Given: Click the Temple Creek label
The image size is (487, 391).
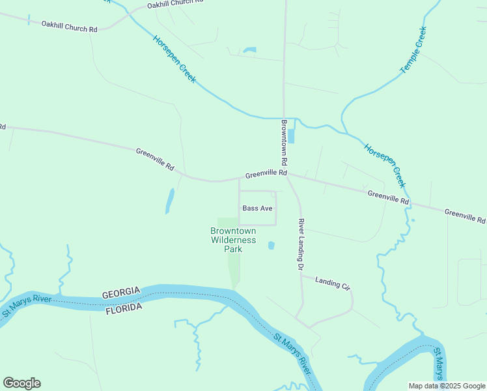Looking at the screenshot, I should [413, 50].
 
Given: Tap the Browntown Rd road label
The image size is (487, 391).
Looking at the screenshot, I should [285, 141].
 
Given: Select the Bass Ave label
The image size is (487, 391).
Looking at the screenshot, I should [257, 209].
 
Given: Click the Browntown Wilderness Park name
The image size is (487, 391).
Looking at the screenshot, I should [233, 240].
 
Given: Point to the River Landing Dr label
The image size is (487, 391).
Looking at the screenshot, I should [301, 244].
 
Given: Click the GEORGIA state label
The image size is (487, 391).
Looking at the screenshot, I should [121, 293].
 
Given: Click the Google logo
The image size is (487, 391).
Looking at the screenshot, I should [21, 383].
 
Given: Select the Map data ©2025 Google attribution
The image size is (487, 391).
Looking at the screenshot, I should [446, 386].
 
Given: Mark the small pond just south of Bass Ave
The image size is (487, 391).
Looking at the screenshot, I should [271, 245].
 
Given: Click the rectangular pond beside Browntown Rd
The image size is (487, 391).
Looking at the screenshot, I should [290, 136].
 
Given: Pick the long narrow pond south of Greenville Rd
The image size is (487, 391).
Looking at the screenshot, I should [169, 201].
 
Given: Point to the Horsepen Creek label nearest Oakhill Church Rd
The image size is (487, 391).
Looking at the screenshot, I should [174, 59].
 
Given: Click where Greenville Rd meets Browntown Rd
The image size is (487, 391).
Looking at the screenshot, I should [286, 174].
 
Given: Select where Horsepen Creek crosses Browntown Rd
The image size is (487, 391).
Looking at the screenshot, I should [283, 119].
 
